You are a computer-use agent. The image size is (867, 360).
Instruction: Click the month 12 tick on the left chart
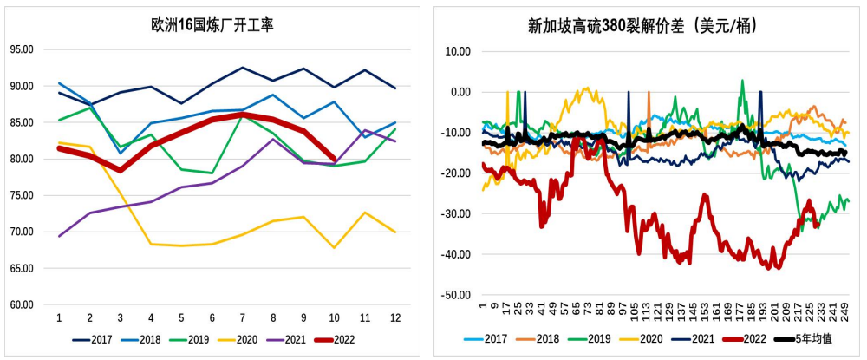tap(395, 319)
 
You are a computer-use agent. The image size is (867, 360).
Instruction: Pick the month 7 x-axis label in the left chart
tap(242, 319)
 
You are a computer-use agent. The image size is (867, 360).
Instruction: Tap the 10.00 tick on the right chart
tap(457, 51)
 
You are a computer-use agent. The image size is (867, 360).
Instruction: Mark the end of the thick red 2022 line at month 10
tap(334, 159)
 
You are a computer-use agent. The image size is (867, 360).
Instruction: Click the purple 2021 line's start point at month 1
tap(59, 236)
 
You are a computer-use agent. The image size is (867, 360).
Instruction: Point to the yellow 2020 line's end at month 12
tap(395, 232)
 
